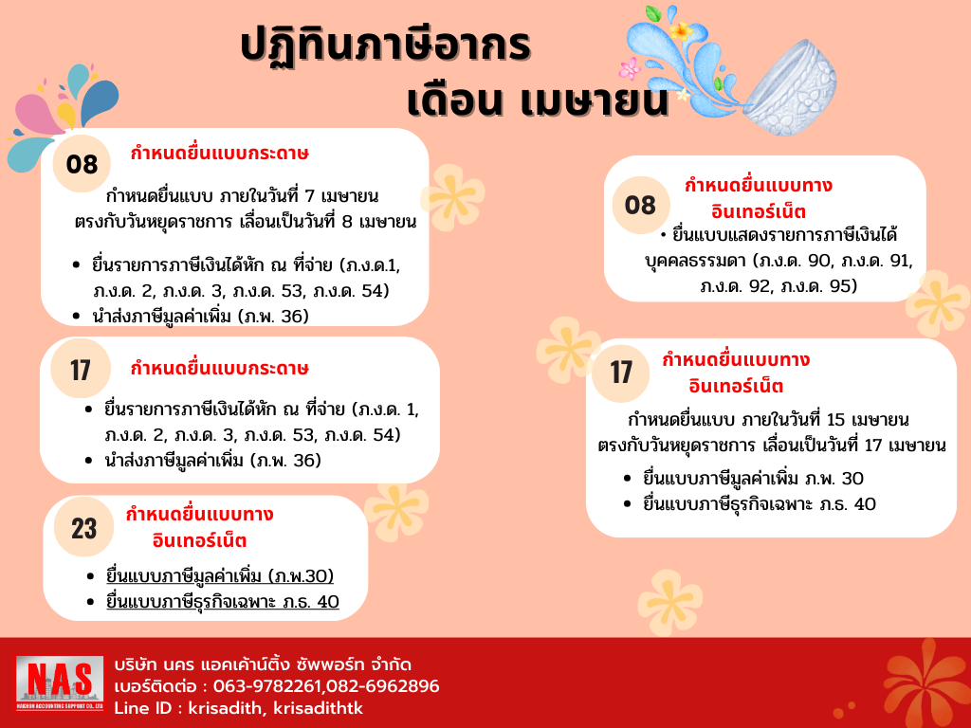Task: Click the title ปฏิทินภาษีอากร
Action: click(385, 46)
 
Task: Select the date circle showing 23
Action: click(84, 528)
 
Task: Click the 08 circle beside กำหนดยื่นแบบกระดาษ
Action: click(82, 165)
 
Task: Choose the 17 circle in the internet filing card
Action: click(621, 372)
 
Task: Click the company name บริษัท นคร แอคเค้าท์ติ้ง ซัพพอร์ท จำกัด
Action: click(263, 664)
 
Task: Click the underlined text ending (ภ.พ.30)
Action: click(220, 576)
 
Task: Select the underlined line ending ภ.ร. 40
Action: click(223, 601)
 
